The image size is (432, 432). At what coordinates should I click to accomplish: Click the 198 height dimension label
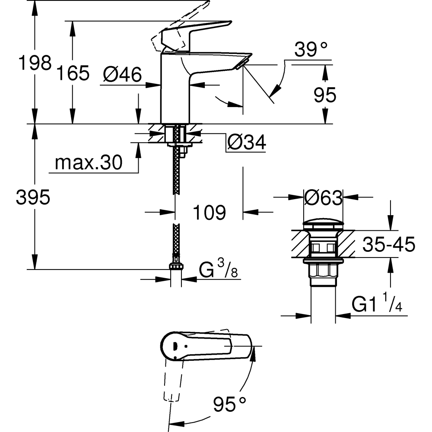tap(35, 64)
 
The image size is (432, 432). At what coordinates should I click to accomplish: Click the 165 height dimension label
tap(73, 73)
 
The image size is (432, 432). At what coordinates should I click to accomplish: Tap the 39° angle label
tap(311, 50)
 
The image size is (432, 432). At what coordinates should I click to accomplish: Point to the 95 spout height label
tap(325, 95)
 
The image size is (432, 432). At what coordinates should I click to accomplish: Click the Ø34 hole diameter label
tap(246, 143)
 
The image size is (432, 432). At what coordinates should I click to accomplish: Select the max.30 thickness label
tap(89, 163)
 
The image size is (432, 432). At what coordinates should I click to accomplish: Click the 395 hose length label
tap(33, 198)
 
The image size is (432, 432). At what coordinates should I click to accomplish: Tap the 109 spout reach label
tap(209, 212)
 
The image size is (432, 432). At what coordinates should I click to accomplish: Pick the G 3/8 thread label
tap(218, 271)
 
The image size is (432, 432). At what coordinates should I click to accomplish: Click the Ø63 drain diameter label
tap(323, 198)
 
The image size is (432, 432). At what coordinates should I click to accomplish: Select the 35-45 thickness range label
tap(388, 245)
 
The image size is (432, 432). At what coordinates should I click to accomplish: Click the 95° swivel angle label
tap(229, 405)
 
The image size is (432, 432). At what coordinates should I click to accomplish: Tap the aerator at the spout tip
tap(240, 64)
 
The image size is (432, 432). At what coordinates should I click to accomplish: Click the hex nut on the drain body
tap(323, 272)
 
